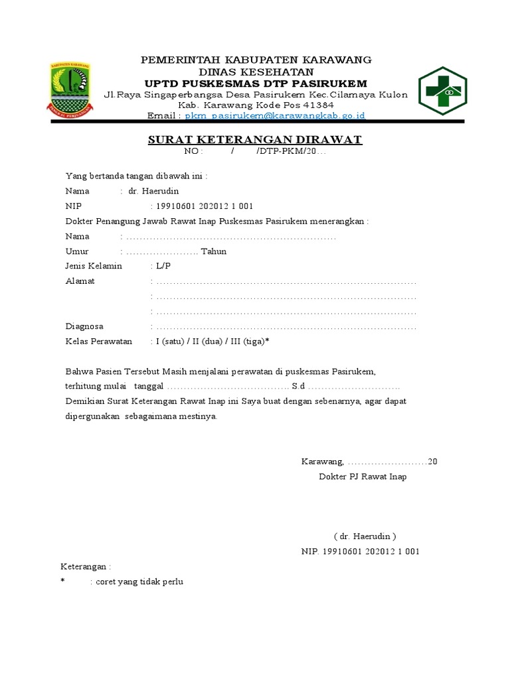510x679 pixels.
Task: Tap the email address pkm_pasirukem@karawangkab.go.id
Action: click(266, 115)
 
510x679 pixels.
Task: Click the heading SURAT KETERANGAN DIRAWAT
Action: click(254, 140)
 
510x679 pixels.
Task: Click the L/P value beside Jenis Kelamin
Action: click(163, 266)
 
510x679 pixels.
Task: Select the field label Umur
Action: click(77, 251)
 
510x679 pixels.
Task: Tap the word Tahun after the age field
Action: click(213, 251)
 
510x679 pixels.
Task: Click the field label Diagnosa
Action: click(84, 326)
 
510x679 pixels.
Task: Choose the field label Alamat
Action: click(80, 281)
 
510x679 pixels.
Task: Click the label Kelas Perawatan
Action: click(98, 341)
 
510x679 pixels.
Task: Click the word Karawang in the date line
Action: click(322, 462)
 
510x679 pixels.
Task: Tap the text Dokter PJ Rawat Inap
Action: click(363, 477)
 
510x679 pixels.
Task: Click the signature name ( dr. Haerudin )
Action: click(365, 536)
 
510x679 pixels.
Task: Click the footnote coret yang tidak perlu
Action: click(139, 582)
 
